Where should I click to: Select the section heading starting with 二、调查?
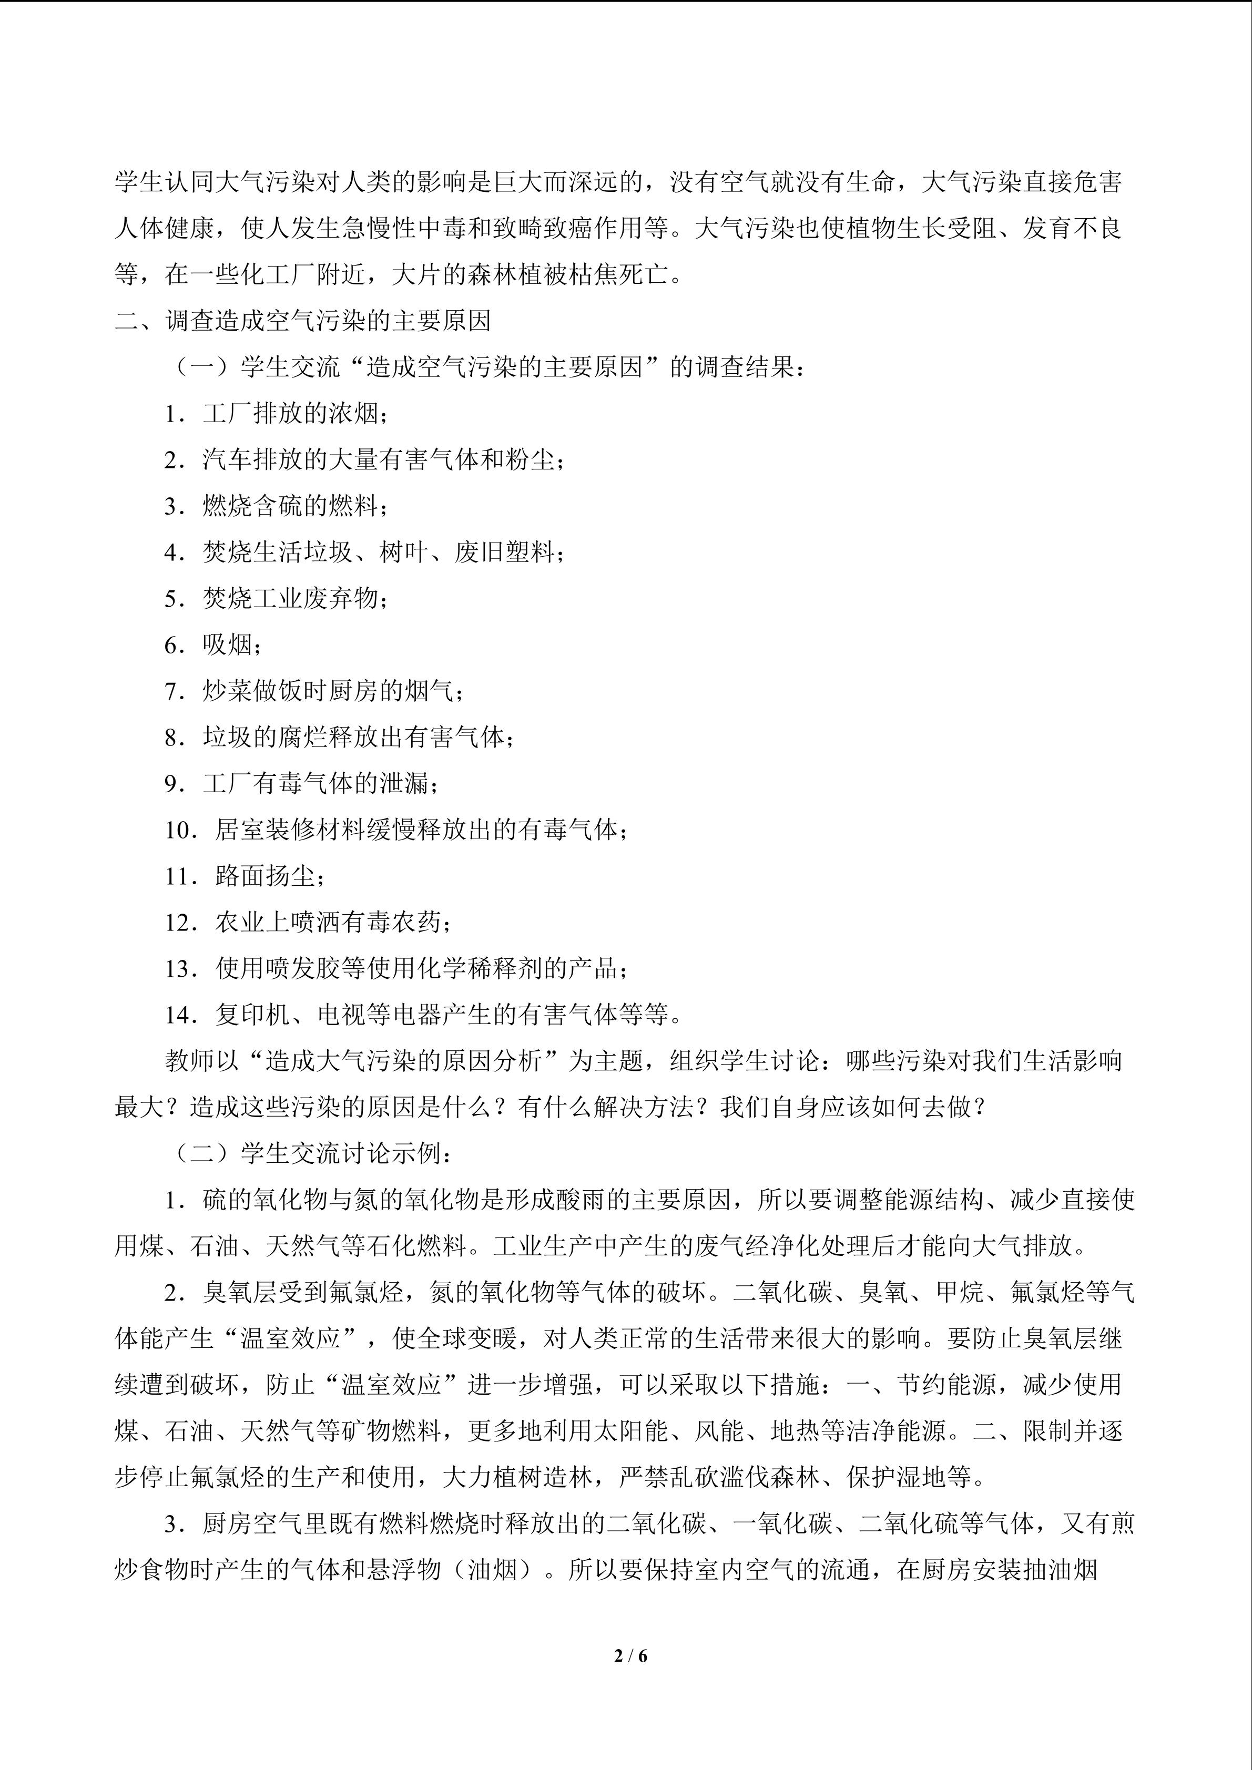(303, 321)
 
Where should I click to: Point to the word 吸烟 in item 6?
(228, 645)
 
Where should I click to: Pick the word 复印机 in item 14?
(253, 1015)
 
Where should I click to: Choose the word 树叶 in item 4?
(403, 553)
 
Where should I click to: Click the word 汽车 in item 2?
(228, 460)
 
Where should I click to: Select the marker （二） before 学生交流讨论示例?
(202, 1154)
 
